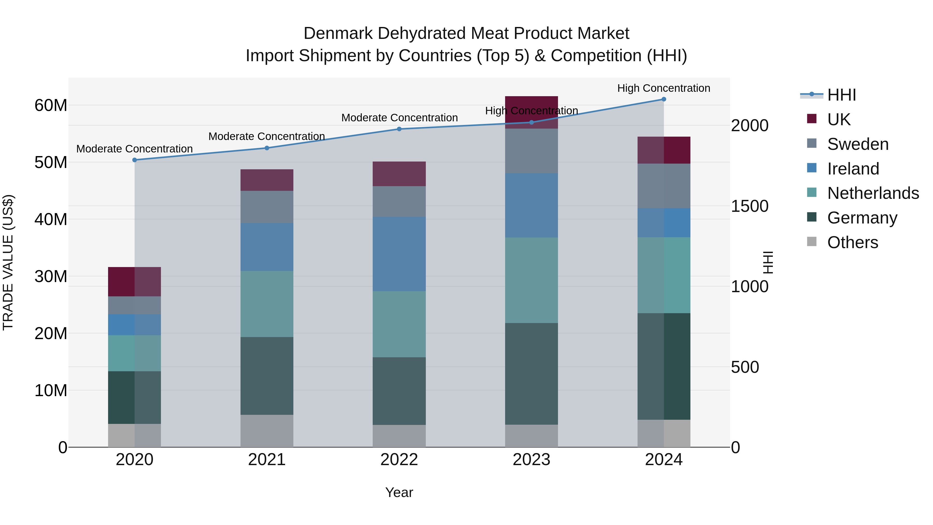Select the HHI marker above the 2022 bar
click(x=399, y=129)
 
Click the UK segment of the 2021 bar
click(x=267, y=180)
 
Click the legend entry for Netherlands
click(x=873, y=193)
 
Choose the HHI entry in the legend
click(x=841, y=95)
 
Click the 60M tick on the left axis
click(x=51, y=106)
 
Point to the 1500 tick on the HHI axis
click(x=749, y=206)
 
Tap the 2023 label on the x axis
click(x=531, y=460)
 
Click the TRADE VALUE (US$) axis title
click(x=8, y=262)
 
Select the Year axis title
click(x=399, y=492)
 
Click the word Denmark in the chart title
click(x=337, y=33)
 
